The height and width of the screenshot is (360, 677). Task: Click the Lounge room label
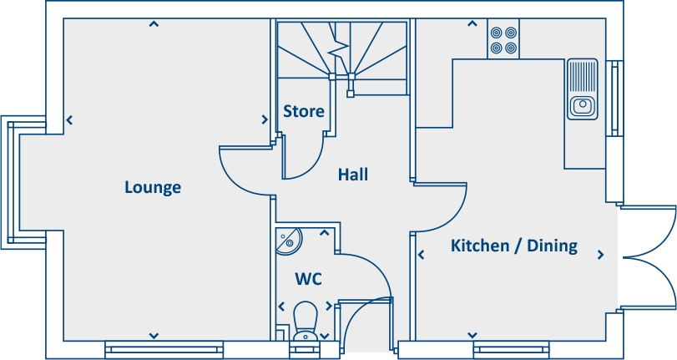pos(153,187)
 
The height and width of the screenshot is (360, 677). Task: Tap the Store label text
pos(303,111)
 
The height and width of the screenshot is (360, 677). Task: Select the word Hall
pos(353,175)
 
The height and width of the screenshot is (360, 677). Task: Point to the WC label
pos(308,278)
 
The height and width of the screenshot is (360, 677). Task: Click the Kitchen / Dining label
pos(513,246)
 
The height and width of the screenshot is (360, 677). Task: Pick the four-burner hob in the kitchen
pos(503,39)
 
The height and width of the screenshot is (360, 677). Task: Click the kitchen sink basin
pos(582,105)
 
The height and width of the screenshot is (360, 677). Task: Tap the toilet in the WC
pos(306,322)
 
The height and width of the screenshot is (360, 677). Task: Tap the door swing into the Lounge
pos(242,171)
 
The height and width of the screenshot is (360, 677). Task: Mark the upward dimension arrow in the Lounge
pos(154,24)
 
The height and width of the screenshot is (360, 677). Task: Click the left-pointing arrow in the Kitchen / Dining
pos(420,255)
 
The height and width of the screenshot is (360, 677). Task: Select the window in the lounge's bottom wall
pos(164,349)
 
